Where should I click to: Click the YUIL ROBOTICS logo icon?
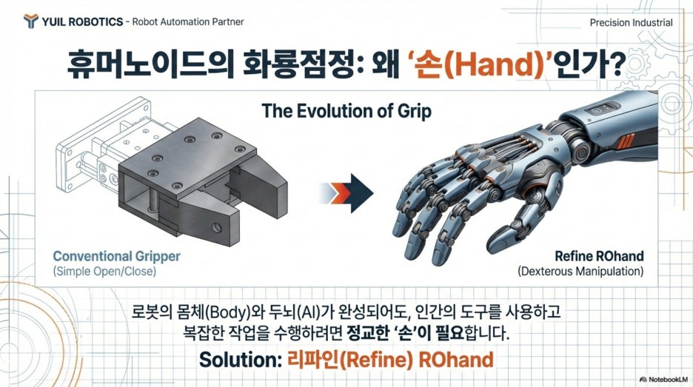click(30, 21)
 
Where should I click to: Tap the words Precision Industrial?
click(631, 22)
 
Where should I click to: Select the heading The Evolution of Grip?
click(346, 111)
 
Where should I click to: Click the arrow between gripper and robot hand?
click(346, 193)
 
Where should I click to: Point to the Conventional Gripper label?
click(117, 256)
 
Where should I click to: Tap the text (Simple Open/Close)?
click(104, 271)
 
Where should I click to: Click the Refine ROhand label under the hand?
click(599, 256)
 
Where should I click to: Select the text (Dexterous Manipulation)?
click(580, 271)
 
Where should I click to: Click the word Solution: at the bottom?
click(241, 359)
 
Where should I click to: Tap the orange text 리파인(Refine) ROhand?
click(390, 359)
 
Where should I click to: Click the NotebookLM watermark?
click(664, 379)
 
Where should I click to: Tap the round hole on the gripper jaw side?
click(216, 227)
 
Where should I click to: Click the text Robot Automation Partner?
click(188, 21)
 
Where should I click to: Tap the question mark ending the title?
click(615, 64)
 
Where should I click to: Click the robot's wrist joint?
click(579, 146)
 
